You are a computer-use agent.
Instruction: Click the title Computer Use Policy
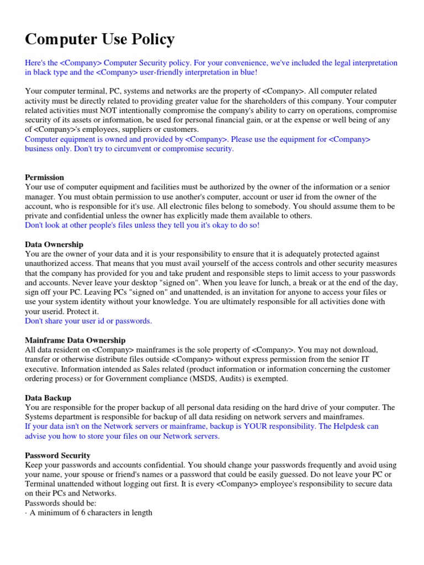coord(100,40)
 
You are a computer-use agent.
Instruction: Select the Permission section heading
coord(45,177)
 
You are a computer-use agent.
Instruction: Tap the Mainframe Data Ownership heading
coord(75,340)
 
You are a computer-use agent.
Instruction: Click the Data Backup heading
coord(48,398)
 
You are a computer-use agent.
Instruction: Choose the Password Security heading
coord(58,455)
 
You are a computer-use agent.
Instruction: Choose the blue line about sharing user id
coord(88,321)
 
